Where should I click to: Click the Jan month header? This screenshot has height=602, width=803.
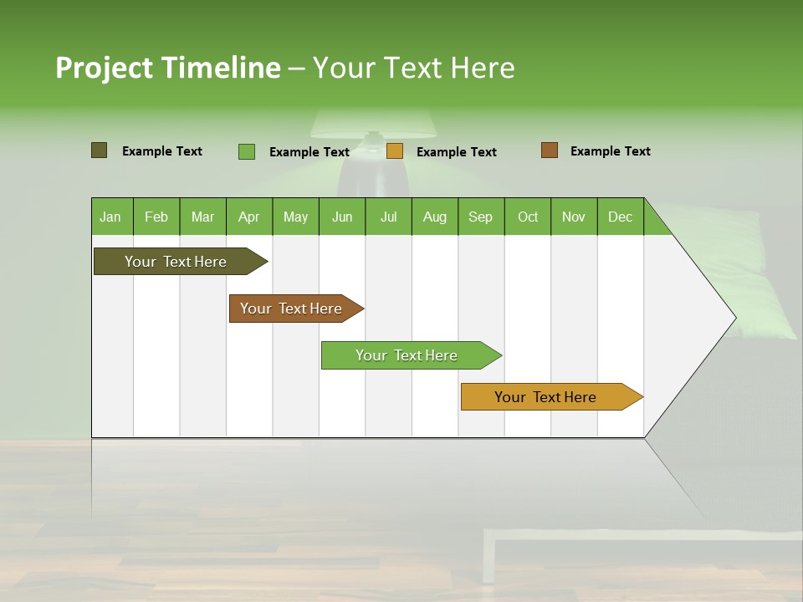[x=111, y=217]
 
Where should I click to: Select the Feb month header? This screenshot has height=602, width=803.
[x=156, y=217]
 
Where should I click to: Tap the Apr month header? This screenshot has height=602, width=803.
[x=249, y=217]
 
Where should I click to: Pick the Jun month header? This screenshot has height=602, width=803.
[x=342, y=217]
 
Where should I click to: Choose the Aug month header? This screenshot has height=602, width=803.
[x=435, y=217]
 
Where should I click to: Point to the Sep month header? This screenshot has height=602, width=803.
[x=481, y=217]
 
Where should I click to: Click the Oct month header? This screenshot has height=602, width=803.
[x=528, y=217]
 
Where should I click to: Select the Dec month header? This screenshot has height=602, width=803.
[x=621, y=217]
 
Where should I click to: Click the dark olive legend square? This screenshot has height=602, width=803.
[x=99, y=150]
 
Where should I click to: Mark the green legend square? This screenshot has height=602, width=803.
[x=246, y=151]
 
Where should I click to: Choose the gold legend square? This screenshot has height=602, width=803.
[x=394, y=151]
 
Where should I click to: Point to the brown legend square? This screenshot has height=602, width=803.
[x=549, y=150]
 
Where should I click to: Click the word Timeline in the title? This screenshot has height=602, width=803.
[x=220, y=68]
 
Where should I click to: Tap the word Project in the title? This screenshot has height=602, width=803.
[x=104, y=68]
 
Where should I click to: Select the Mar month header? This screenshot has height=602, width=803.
[x=202, y=217]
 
